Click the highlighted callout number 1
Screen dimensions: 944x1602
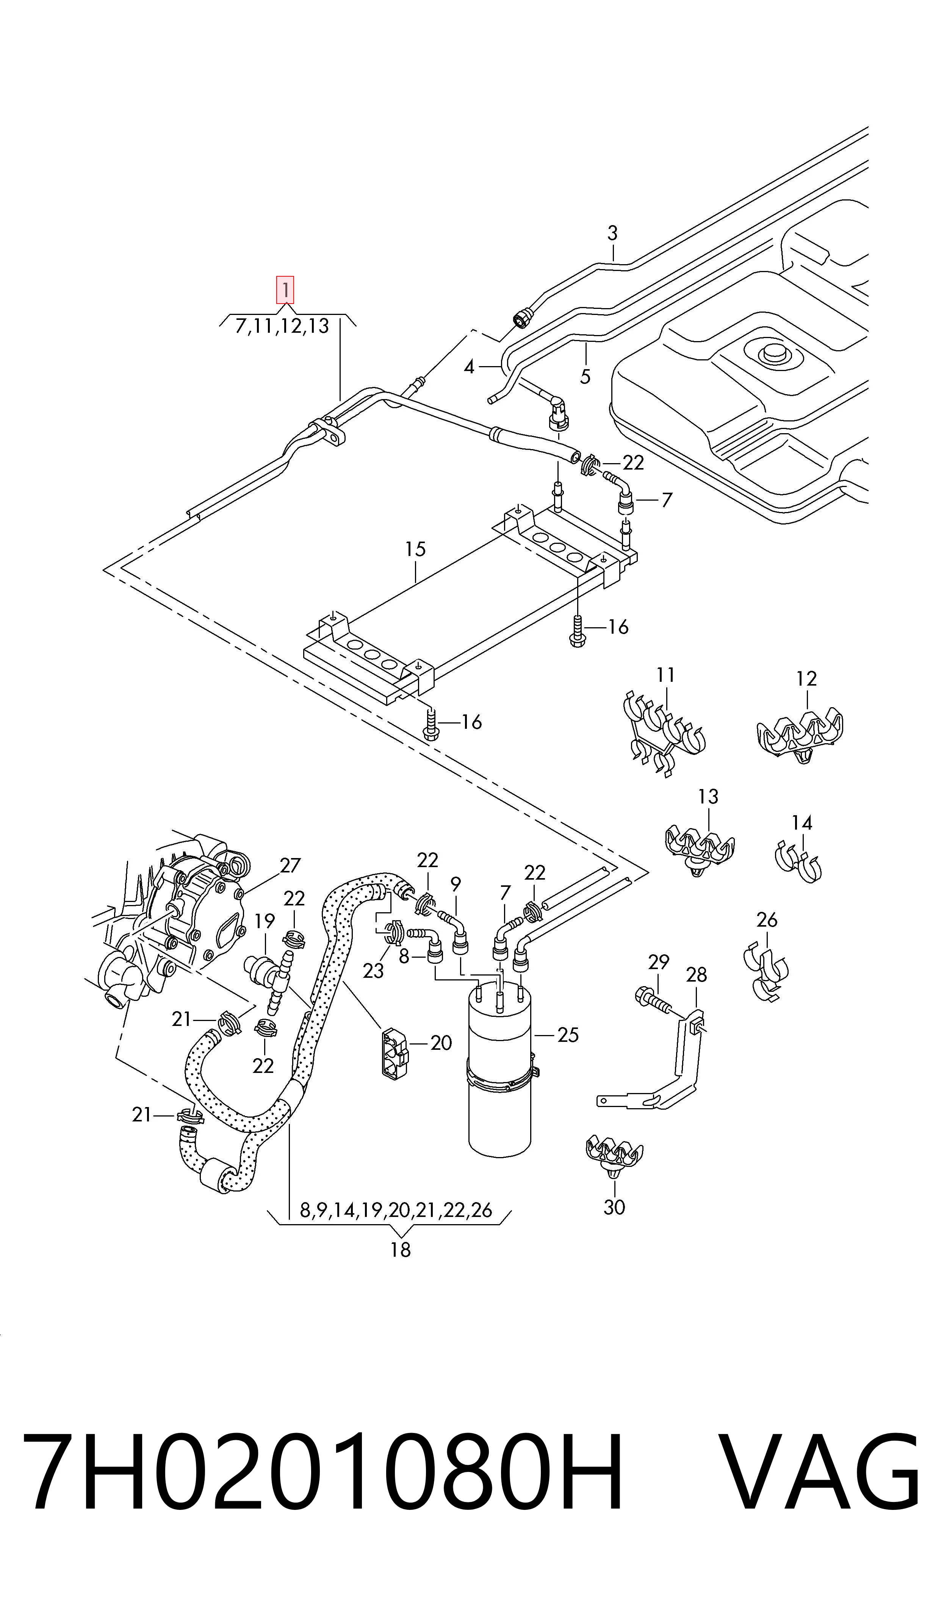(x=285, y=290)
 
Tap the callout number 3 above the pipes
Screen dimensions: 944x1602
(x=612, y=233)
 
